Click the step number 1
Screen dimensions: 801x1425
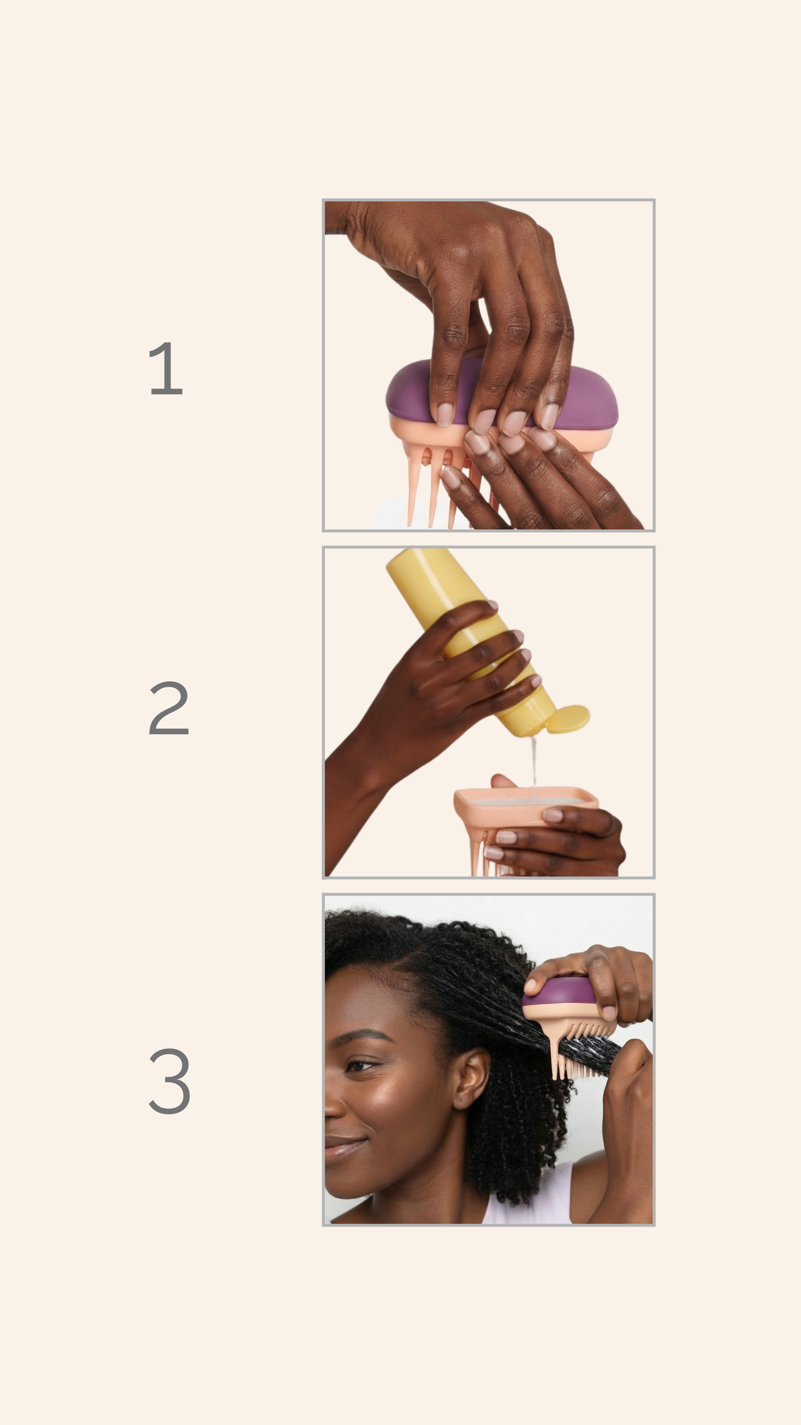click(166, 369)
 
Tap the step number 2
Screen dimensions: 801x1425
click(169, 707)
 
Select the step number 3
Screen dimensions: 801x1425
click(170, 1080)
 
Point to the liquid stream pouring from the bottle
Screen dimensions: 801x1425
click(533, 766)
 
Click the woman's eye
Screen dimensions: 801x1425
click(360, 1065)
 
